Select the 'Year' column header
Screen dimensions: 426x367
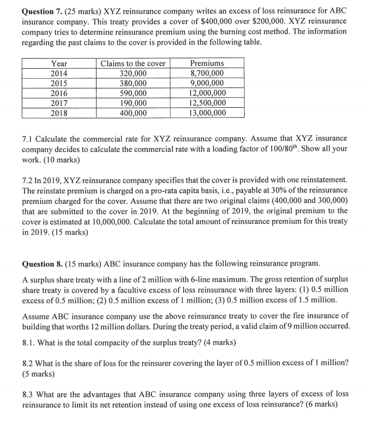click(59, 64)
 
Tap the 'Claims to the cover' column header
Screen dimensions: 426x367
click(133, 64)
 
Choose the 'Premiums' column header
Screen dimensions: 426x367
click(207, 64)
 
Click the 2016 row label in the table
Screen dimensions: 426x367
click(59, 93)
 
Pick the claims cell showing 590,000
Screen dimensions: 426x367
click(133, 93)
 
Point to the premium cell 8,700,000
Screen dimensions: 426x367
click(207, 73)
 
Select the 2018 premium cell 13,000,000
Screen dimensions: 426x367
click(207, 113)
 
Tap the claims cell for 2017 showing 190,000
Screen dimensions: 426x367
click(133, 103)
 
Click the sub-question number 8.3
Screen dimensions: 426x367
click(28, 393)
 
